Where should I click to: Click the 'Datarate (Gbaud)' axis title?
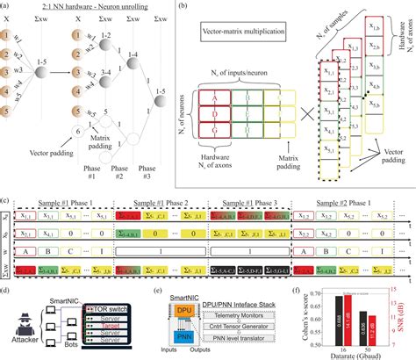pyautogui.click(x=352, y=355)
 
